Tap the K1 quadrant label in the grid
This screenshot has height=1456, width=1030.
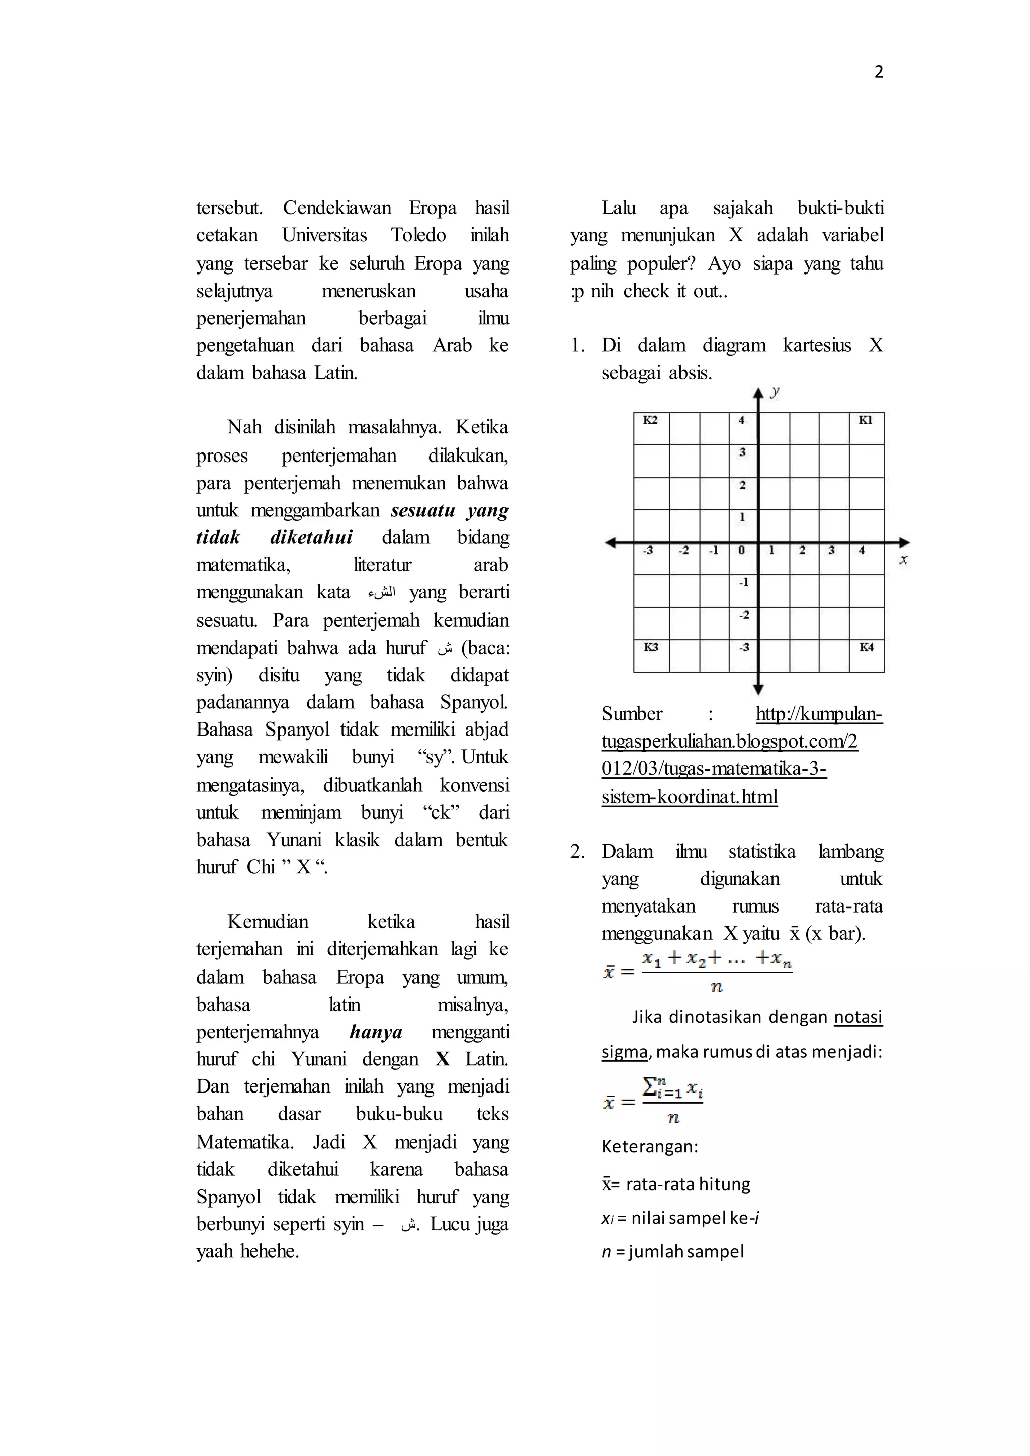[x=865, y=420]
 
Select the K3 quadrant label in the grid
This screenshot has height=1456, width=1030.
[x=651, y=647]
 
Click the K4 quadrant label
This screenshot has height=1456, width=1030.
[x=867, y=647]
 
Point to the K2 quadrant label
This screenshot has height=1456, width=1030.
[x=650, y=420]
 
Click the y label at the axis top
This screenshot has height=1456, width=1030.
[x=775, y=391]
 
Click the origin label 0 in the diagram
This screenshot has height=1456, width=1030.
[x=741, y=551]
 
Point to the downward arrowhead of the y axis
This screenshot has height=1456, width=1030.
[x=758, y=689]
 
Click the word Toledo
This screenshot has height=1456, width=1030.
[x=418, y=235]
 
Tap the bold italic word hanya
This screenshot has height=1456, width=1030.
[x=376, y=1032]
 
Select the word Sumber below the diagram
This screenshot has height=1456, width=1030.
[x=632, y=714]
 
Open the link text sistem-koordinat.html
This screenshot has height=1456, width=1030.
[x=690, y=796]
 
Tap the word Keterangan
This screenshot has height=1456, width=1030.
[x=649, y=1146]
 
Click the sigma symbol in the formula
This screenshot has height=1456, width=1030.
[x=649, y=1087]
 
